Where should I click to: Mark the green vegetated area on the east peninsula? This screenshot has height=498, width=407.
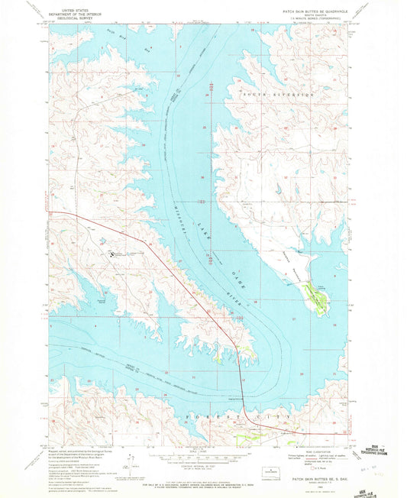tap(314, 294)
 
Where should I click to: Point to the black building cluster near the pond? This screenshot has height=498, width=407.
tap(115, 253)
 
